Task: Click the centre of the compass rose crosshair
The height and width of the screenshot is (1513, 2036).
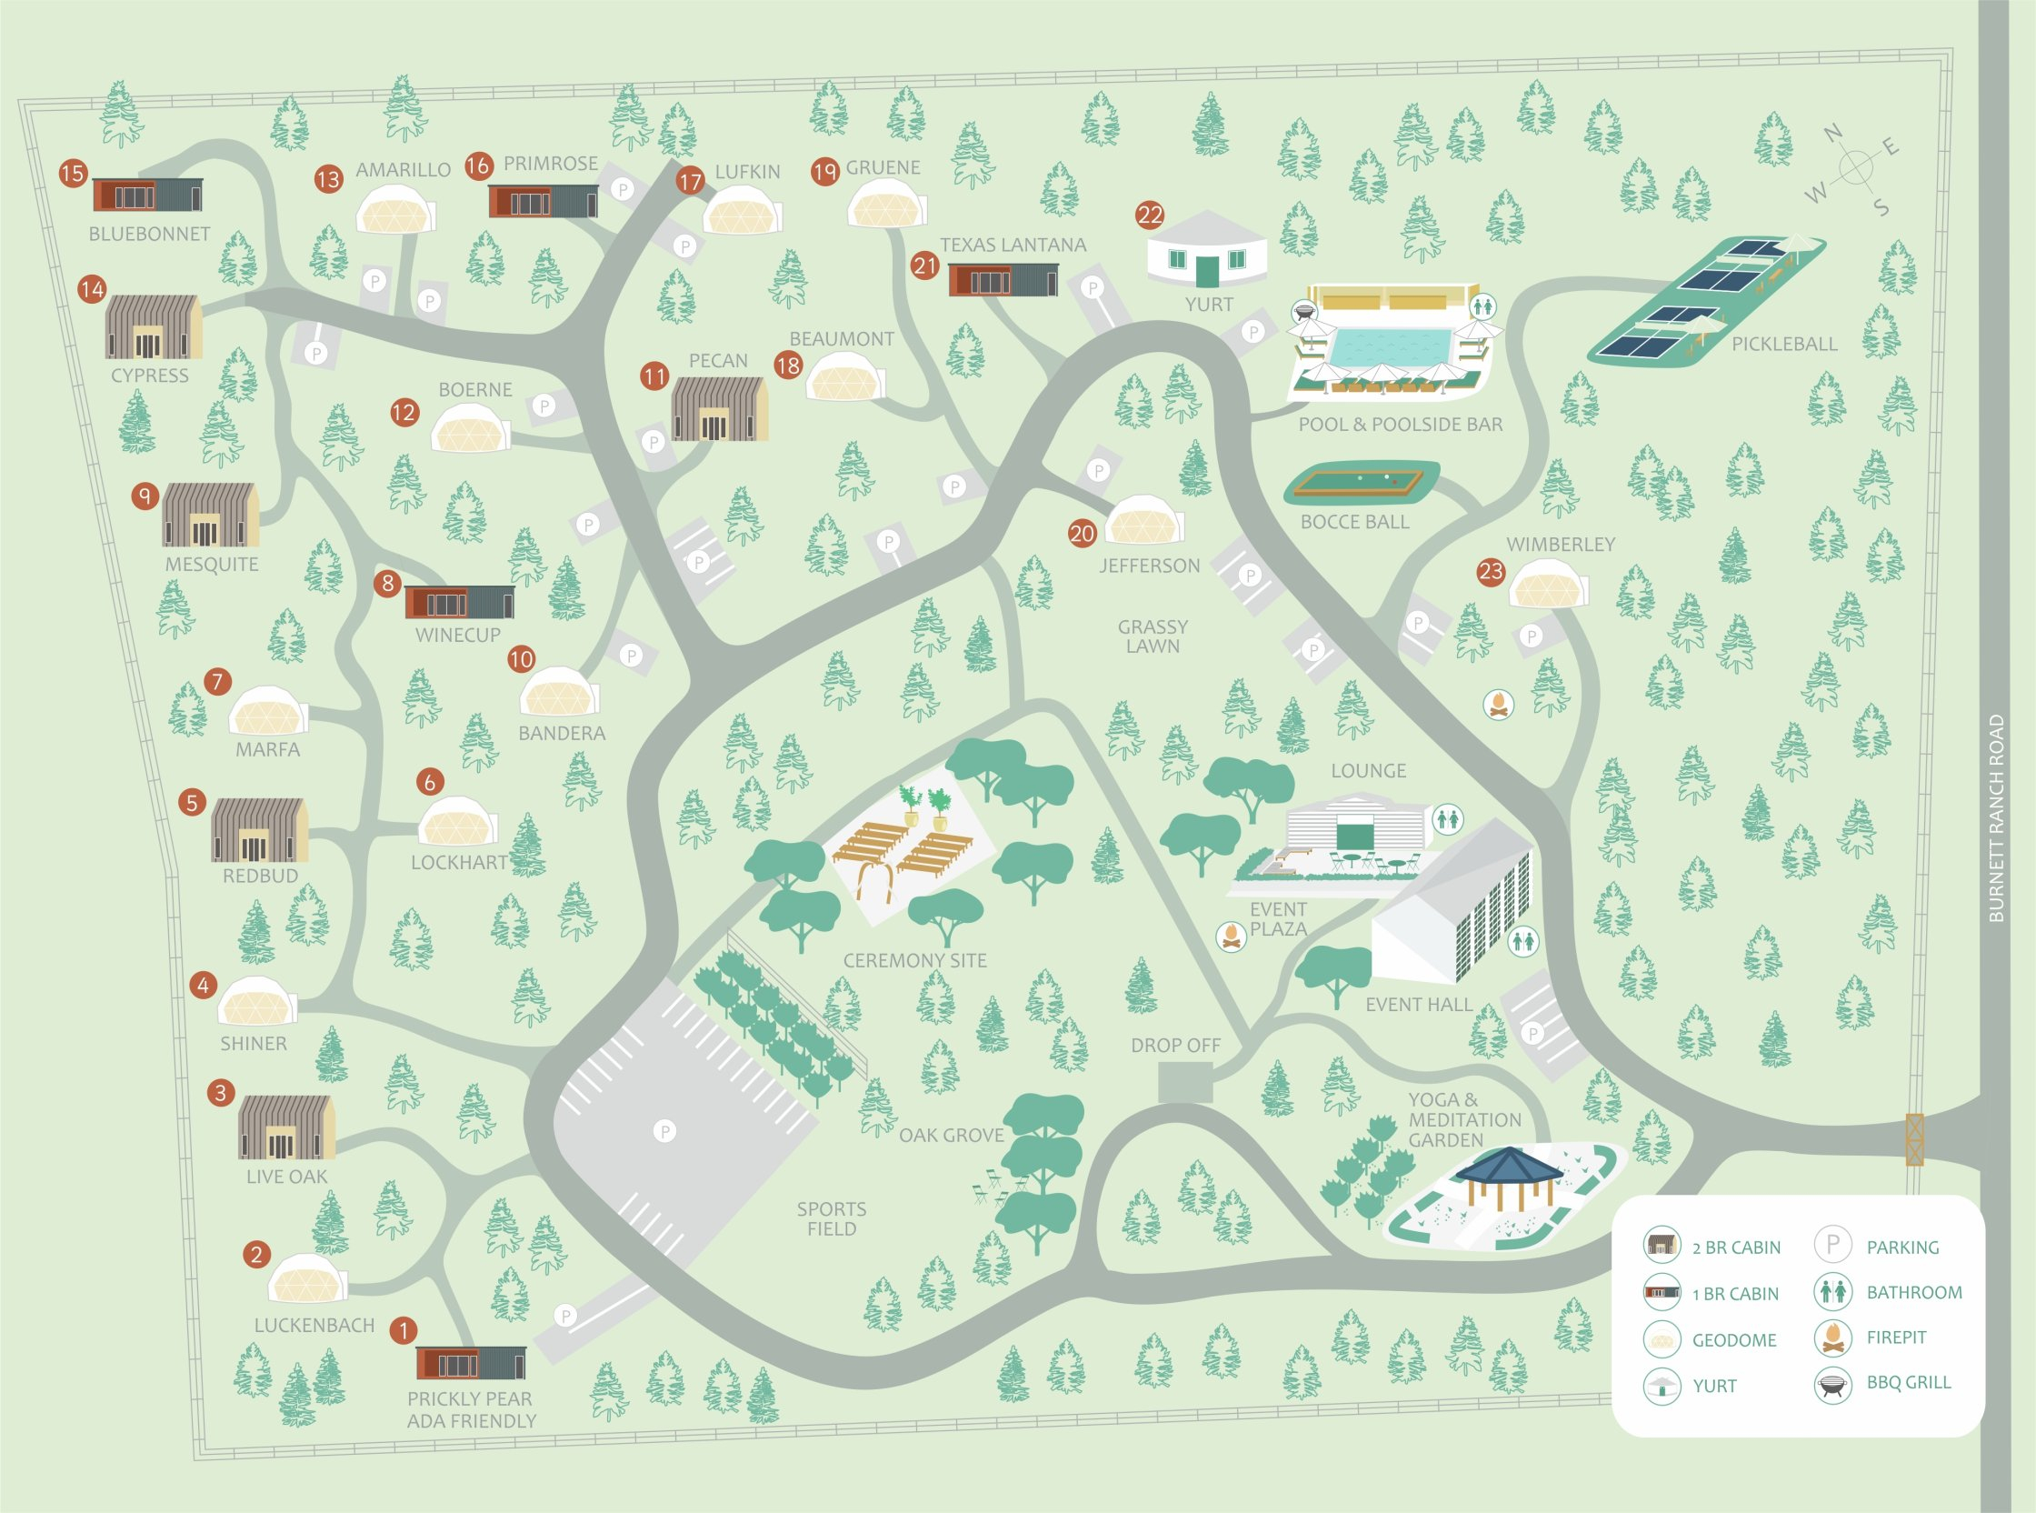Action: (x=1855, y=167)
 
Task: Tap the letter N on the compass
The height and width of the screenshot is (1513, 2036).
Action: (x=1832, y=134)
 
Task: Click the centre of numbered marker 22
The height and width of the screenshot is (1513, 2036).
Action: (x=1150, y=215)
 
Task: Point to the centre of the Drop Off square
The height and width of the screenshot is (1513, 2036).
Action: (x=1185, y=1083)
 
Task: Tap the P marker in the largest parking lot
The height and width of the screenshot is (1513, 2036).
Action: (x=665, y=1131)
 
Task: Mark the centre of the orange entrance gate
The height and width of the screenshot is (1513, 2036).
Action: (x=1914, y=1139)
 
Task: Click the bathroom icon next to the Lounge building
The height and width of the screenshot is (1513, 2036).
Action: (x=1447, y=818)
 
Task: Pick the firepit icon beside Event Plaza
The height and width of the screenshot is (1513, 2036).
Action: (x=1232, y=935)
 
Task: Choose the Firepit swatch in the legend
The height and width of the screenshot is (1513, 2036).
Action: (x=1832, y=1338)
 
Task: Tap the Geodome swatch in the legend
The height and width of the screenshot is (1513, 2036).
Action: (x=1662, y=1339)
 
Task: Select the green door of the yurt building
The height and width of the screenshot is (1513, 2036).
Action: (x=1207, y=270)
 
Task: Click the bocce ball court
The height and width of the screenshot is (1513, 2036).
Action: (x=1361, y=483)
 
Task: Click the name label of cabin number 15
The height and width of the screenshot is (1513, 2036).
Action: (x=149, y=234)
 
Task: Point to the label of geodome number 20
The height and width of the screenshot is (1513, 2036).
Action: (x=1150, y=566)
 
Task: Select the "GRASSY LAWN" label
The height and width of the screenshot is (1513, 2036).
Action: (x=1153, y=636)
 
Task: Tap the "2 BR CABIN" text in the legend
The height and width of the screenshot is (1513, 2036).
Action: (x=1736, y=1247)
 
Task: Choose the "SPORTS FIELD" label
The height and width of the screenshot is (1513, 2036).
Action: (x=832, y=1219)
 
